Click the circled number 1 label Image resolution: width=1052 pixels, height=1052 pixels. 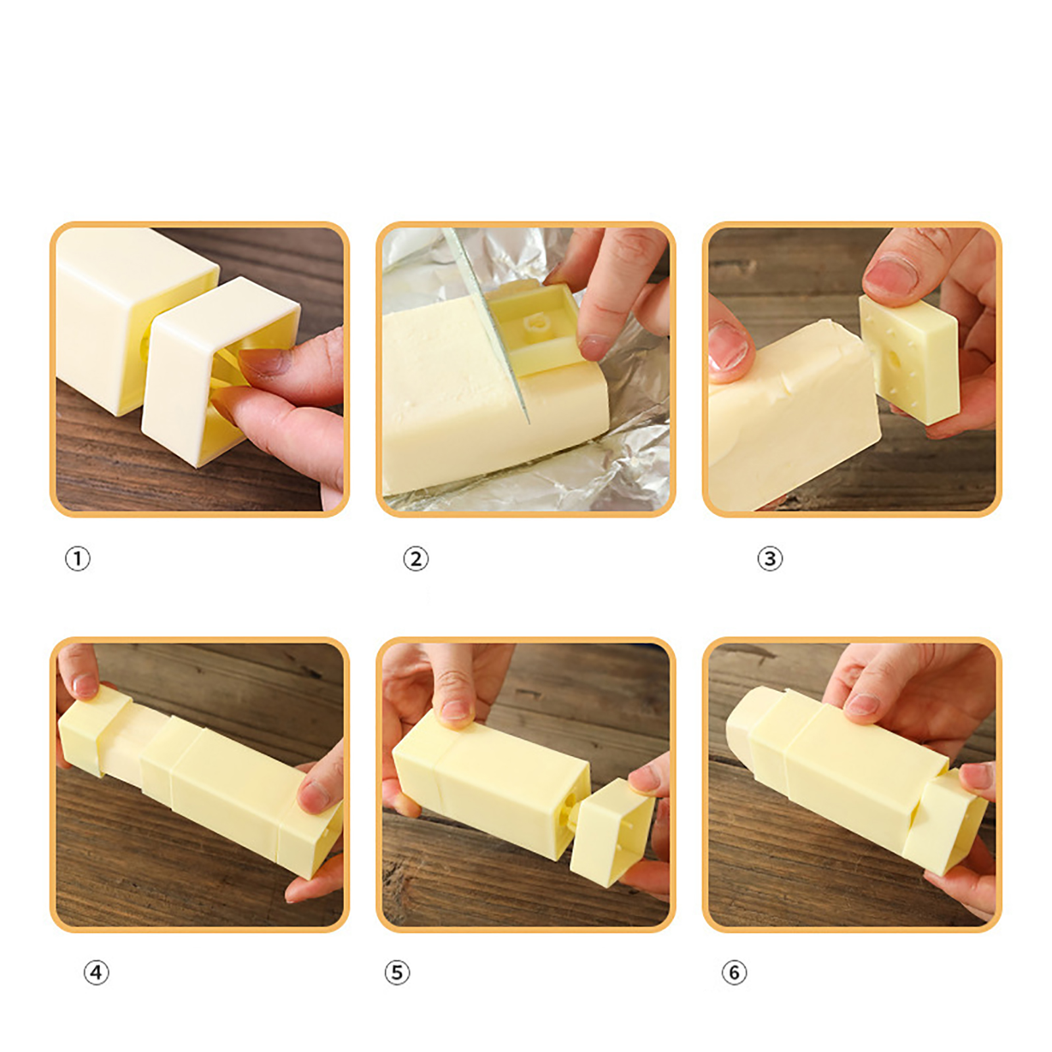78,559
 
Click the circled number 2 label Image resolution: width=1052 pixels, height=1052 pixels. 416,559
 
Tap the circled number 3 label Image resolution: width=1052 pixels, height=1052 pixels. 770,559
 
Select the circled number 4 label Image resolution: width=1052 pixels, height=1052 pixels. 96,972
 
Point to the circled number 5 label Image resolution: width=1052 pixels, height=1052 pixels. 397,972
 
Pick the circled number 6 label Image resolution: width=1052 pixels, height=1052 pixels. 734,972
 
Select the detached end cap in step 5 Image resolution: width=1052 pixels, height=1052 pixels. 611,832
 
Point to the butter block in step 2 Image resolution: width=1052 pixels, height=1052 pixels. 487,394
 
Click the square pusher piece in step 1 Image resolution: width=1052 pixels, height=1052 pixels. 214,371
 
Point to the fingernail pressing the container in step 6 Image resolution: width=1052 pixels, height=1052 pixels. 861,704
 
